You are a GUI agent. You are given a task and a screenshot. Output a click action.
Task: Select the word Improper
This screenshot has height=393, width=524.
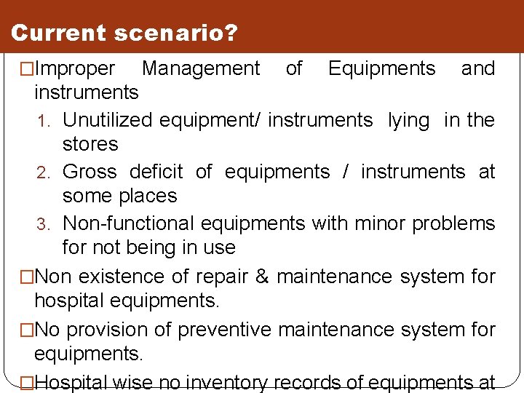coord(75,69)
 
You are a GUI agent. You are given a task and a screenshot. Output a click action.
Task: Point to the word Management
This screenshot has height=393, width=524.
coord(201,69)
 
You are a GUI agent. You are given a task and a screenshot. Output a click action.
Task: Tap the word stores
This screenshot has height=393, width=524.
coord(90,144)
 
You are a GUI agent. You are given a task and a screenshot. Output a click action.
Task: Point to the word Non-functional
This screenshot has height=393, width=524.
coord(129,223)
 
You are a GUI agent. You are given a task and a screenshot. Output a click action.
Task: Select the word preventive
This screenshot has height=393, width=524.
coord(225,330)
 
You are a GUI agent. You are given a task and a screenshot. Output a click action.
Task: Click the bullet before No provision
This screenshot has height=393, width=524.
coord(28,330)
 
